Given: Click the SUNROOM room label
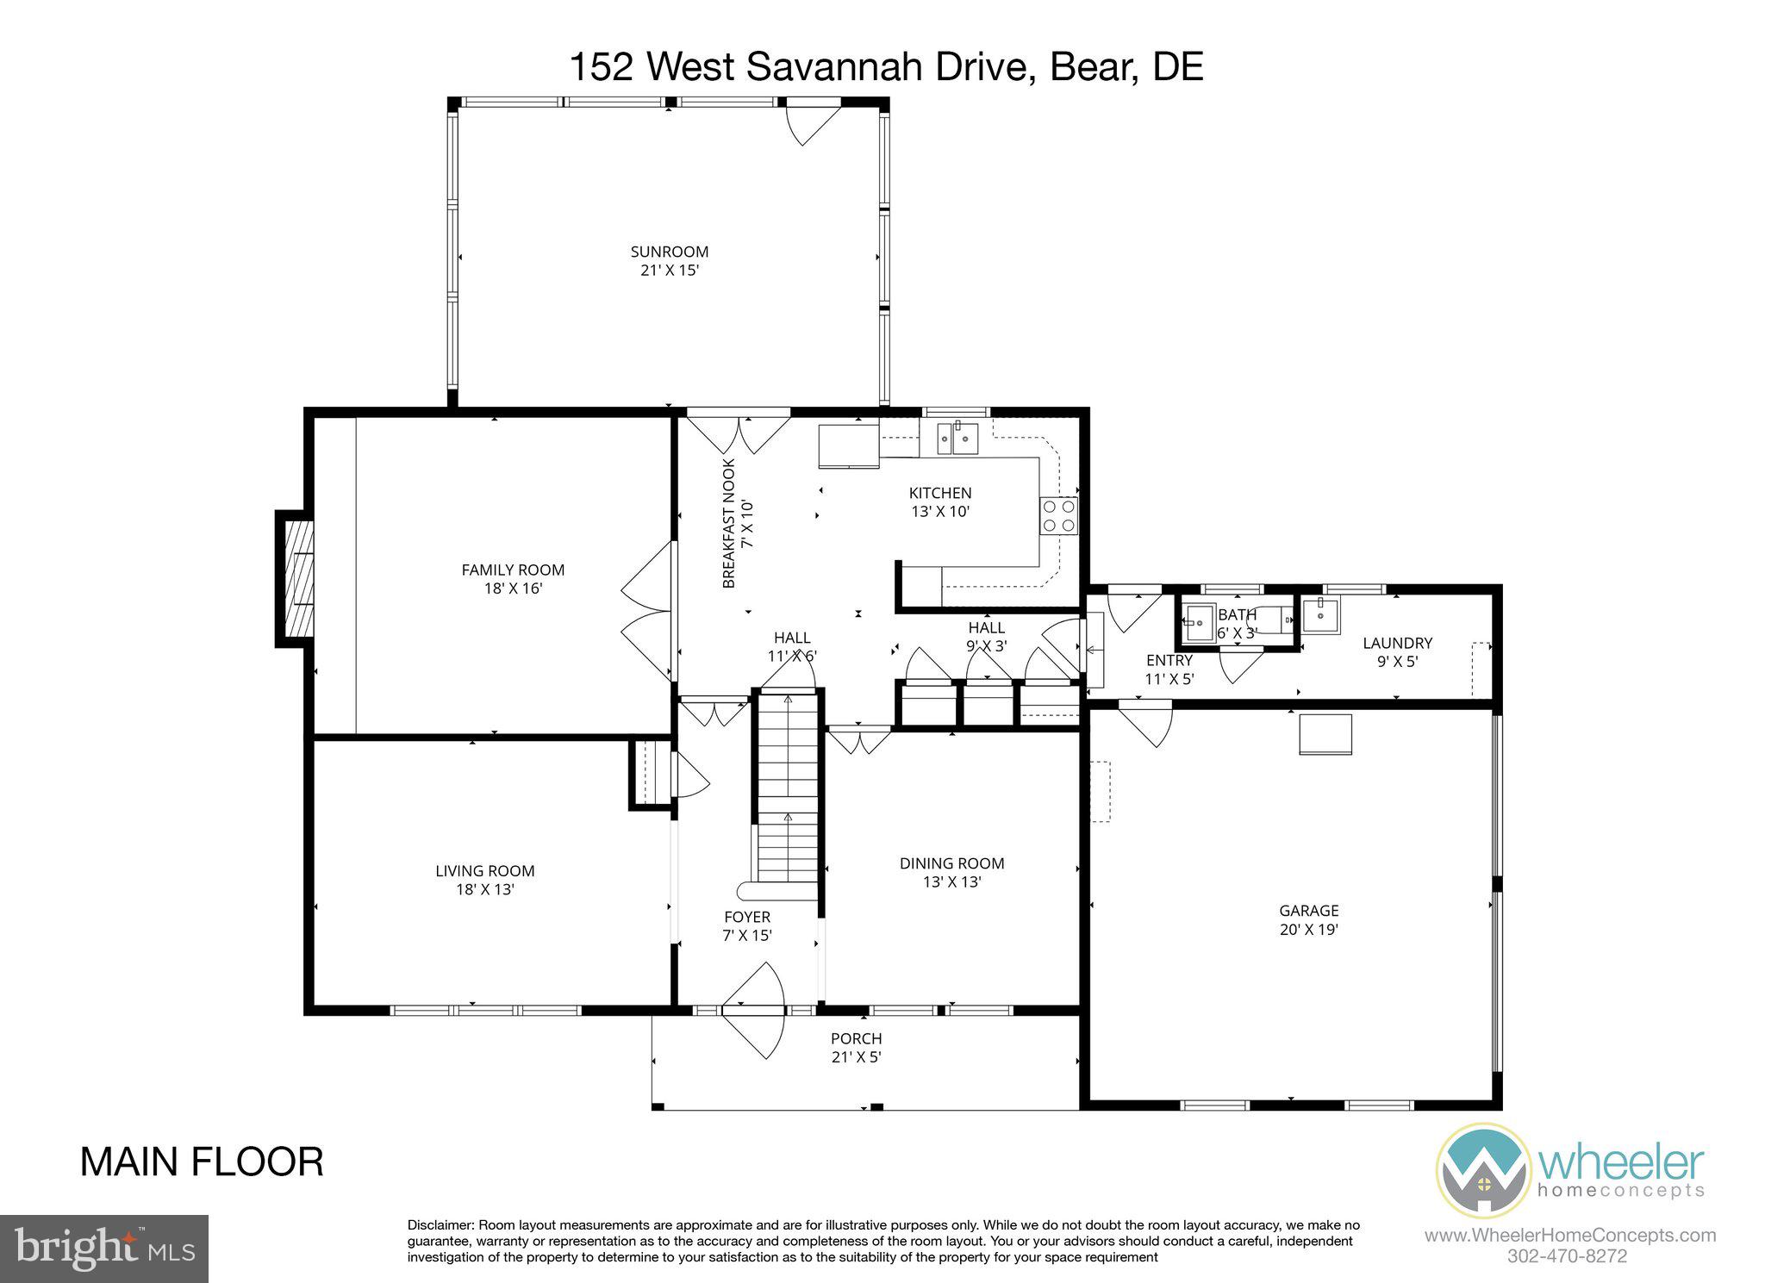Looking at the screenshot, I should [x=669, y=252].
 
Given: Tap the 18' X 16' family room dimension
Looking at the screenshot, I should [x=513, y=589].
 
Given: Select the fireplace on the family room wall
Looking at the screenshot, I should [x=296, y=578].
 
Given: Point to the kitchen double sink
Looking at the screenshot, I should [x=957, y=439].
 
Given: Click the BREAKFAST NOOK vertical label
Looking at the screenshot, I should [x=729, y=523].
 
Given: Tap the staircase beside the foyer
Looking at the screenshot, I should [x=787, y=797].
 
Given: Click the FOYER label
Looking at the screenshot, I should [x=746, y=917].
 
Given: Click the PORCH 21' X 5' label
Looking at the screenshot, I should [x=856, y=1048].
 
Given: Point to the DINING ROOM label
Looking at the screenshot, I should [x=951, y=863].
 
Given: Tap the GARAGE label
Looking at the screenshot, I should [x=1308, y=910].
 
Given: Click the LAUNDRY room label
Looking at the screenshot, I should [x=1397, y=643].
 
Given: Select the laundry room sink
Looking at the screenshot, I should [x=1319, y=615].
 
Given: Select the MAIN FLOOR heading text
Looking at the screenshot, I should [x=202, y=1162].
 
